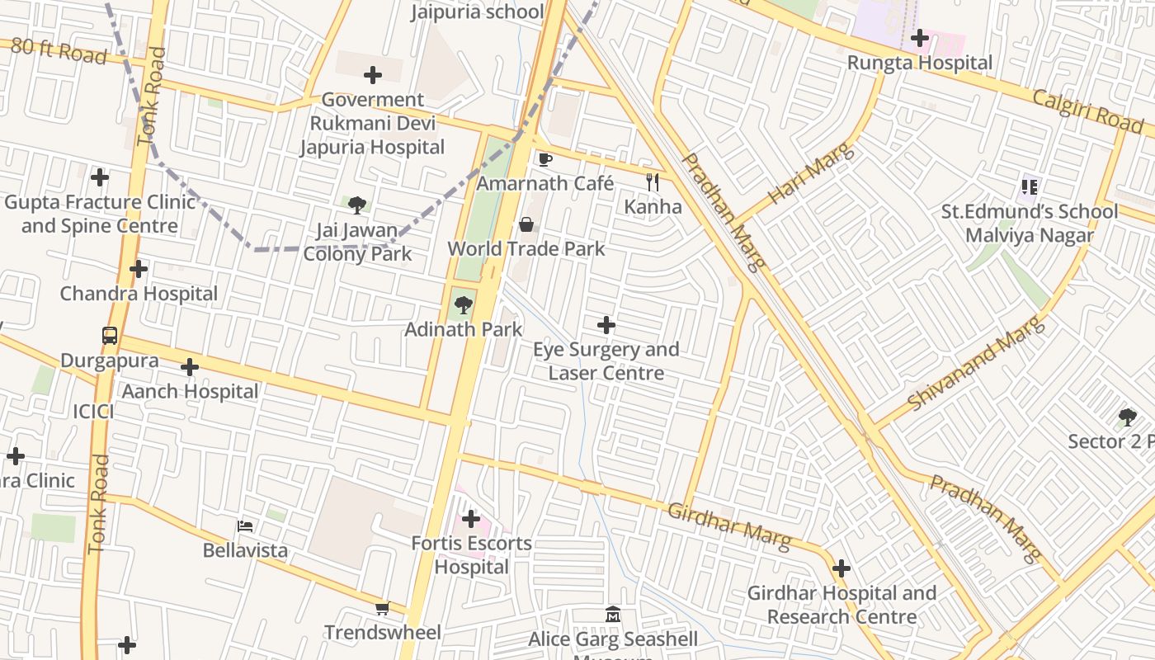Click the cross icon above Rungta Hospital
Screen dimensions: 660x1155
pos(920,38)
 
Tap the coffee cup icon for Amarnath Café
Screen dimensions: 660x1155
pos(544,159)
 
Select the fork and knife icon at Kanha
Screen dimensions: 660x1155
pos(653,182)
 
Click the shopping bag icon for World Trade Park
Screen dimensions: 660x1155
pos(526,224)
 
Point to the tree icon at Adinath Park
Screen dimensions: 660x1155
pos(464,305)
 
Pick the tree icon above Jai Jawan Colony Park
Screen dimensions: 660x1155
pos(357,205)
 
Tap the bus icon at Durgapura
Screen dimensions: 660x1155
pos(110,336)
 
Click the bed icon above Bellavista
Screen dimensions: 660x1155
pos(245,526)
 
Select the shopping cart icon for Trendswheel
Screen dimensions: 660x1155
pos(382,609)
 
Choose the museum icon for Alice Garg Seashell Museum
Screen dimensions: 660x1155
pos(613,615)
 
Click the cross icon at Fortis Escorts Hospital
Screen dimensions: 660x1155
pos(471,519)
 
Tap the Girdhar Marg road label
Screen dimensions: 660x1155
pos(728,526)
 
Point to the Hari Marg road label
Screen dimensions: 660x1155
pos(812,174)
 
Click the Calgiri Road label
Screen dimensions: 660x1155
pos(1088,111)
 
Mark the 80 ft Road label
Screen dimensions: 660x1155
pos(59,50)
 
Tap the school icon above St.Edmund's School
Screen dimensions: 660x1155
pos(1029,187)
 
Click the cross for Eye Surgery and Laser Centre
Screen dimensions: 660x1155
pos(606,325)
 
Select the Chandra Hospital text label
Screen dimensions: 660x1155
pos(139,294)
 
